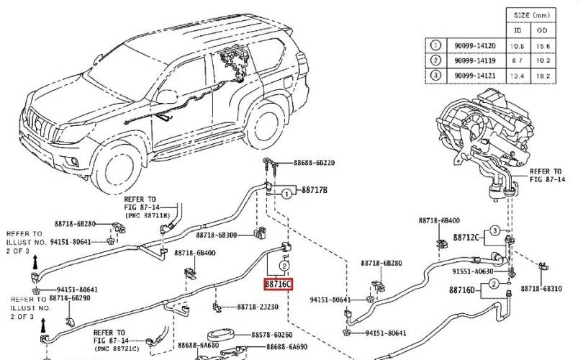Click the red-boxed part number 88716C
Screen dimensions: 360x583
tap(278, 284)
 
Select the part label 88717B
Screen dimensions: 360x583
tap(314, 191)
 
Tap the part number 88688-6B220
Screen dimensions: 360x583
tap(316, 163)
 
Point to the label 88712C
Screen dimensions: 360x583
tap(464, 236)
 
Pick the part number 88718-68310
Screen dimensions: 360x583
tap(541, 288)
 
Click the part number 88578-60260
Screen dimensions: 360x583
tap(271, 336)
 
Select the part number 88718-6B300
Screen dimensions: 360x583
tap(217, 235)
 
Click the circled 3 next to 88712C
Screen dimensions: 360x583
tap(494, 231)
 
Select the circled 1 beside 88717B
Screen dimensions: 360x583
tap(286, 193)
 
